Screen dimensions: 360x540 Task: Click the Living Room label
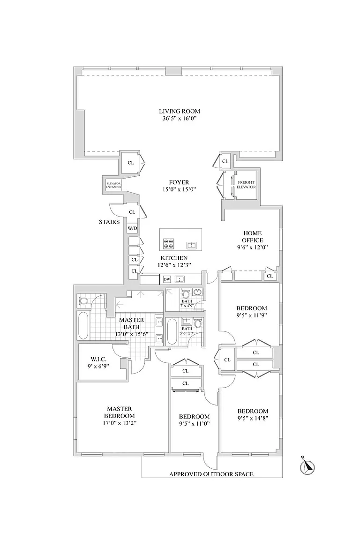tap(179, 111)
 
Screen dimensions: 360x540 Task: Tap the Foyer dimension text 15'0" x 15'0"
tap(179, 189)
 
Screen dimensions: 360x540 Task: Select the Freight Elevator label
tap(246, 185)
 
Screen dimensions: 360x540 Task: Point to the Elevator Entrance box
tap(113, 185)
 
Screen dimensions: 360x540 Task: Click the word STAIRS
tap(109, 222)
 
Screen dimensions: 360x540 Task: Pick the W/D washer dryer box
tap(132, 228)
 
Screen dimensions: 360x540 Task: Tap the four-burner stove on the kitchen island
tap(168, 243)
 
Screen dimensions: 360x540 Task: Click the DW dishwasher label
tap(167, 279)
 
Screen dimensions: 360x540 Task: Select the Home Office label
tap(253, 237)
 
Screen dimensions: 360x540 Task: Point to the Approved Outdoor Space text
tap(211, 474)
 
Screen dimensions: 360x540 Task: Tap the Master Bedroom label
tap(119, 412)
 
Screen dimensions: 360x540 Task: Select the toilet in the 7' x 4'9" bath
tap(186, 294)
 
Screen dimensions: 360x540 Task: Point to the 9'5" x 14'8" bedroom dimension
tap(253, 418)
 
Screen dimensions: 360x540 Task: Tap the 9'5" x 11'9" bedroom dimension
tap(251, 315)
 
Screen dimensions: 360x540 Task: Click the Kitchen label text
tap(174, 258)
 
